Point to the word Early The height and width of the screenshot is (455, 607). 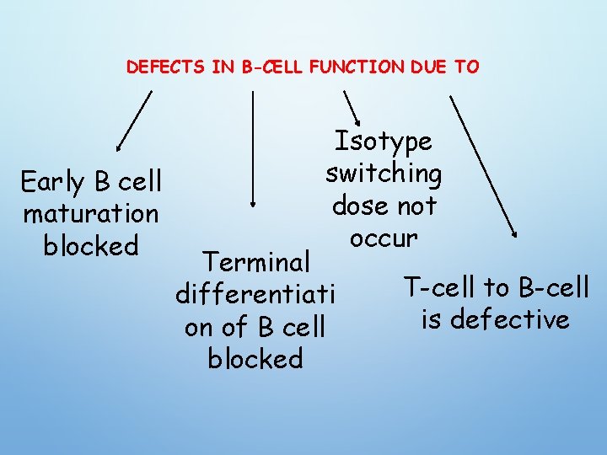[x=52, y=182]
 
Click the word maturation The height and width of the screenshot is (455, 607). [x=91, y=213]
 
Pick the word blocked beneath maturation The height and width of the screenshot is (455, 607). [x=91, y=245]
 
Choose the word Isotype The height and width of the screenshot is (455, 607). [x=384, y=142]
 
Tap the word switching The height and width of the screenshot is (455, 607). [x=384, y=174]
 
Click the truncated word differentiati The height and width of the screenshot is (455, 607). [x=255, y=294]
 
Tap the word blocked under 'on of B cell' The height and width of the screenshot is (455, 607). [x=255, y=358]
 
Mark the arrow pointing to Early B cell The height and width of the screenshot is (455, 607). [x=134, y=120]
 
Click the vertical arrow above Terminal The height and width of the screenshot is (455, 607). [x=254, y=147]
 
